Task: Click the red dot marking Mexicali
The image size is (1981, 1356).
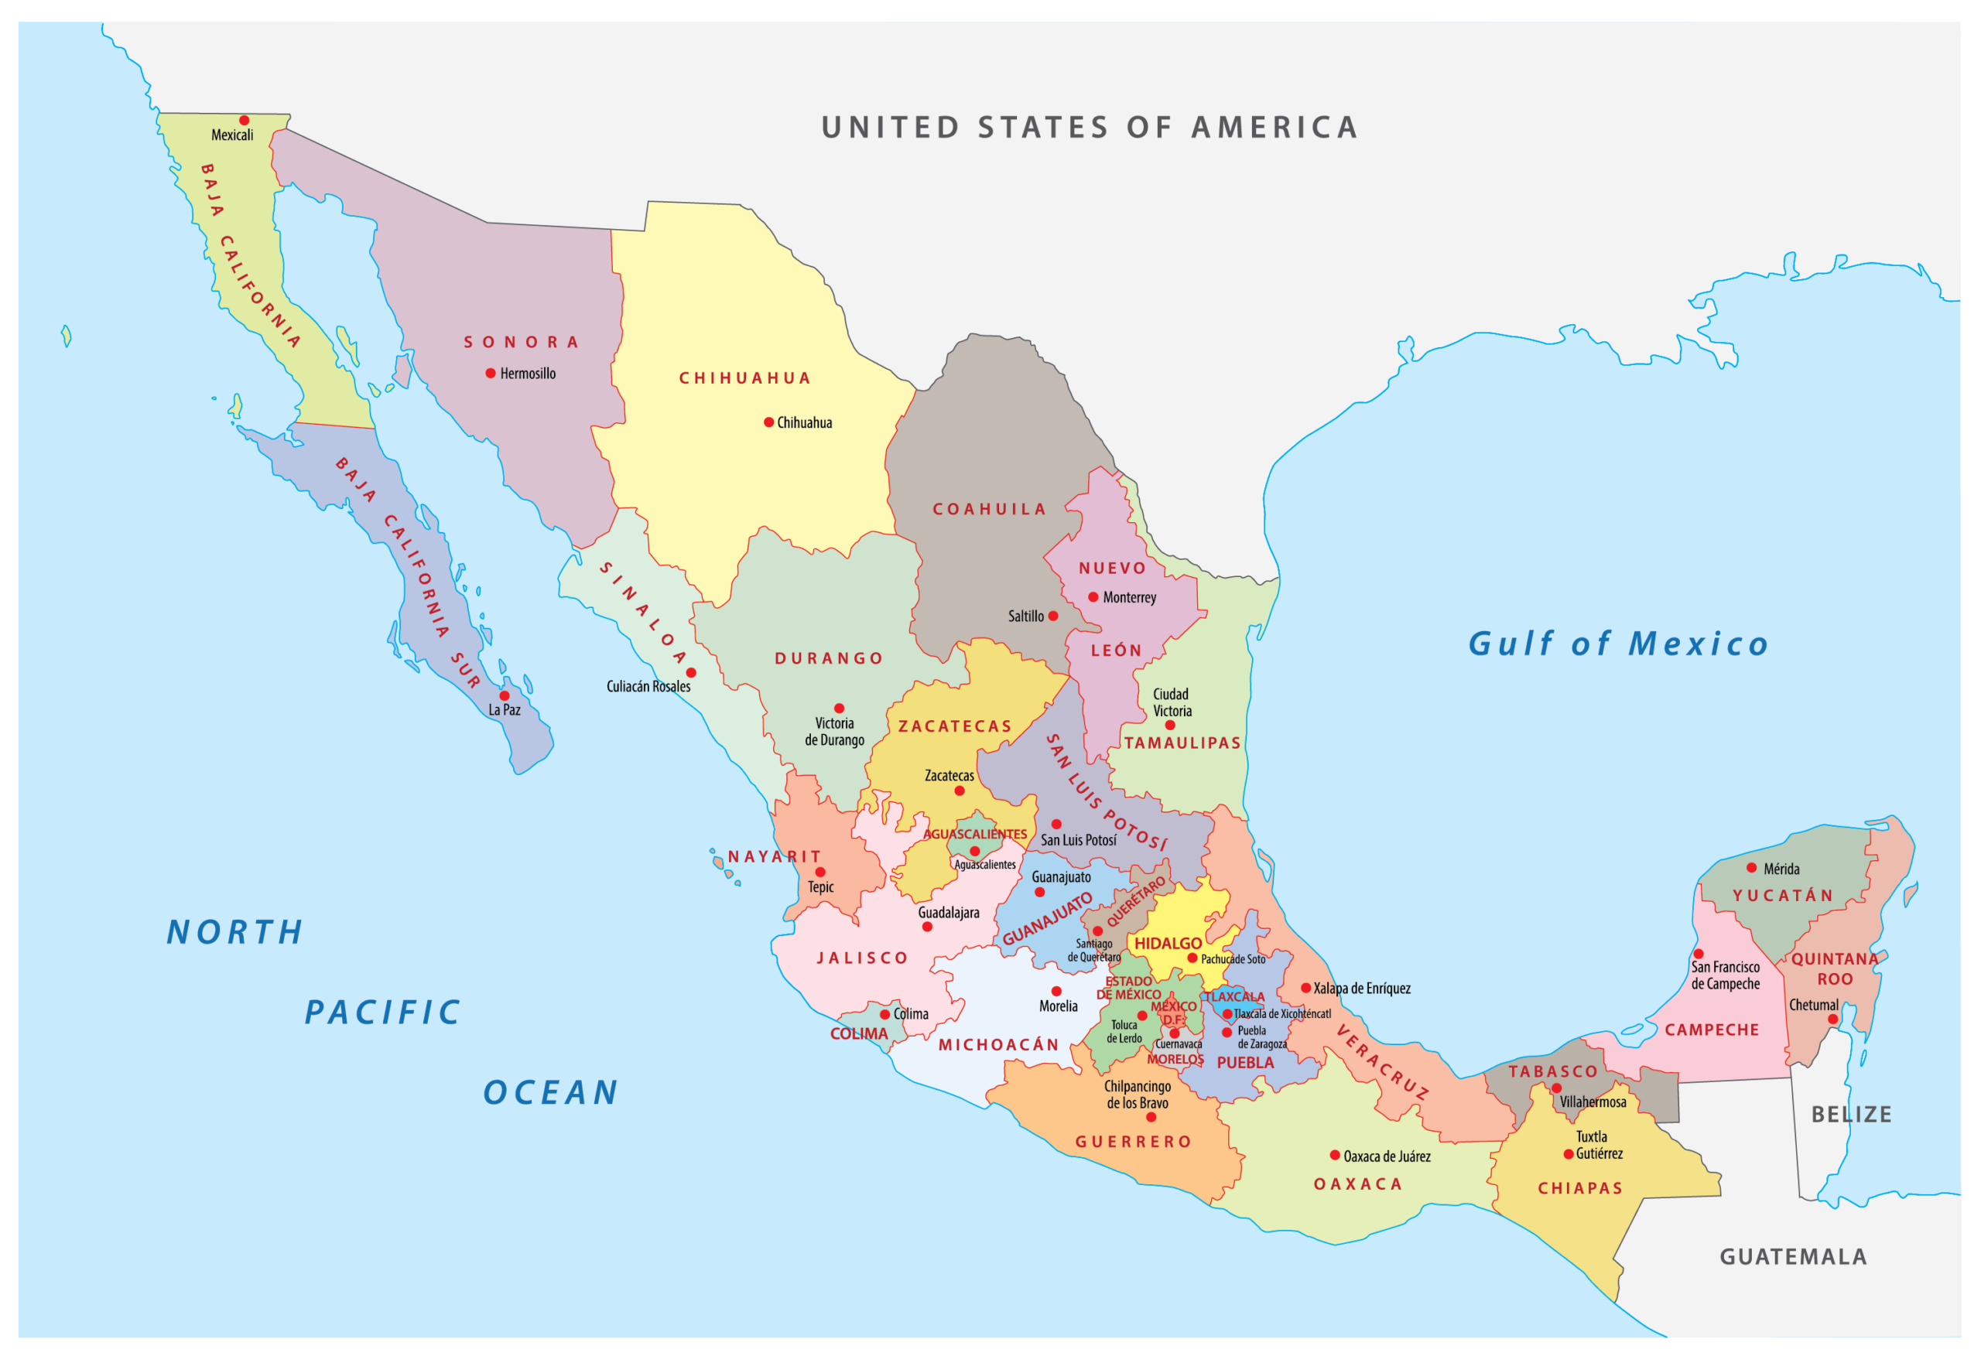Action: (x=244, y=120)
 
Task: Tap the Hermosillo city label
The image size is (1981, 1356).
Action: (x=527, y=374)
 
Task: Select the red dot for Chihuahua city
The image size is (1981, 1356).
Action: (x=768, y=422)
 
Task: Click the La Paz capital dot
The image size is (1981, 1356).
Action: (x=504, y=695)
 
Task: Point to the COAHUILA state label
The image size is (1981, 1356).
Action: (x=989, y=509)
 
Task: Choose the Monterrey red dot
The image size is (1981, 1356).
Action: (x=1093, y=596)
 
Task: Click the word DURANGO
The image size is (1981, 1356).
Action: (x=829, y=658)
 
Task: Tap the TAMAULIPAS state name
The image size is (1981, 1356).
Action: (x=1182, y=743)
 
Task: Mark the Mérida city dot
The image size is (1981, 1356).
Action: (x=1751, y=868)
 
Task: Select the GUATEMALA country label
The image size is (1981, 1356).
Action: (x=1793, y=1256)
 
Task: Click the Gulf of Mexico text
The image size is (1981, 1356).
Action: (x=1617, y=644)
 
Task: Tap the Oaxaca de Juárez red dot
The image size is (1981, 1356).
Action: (x=1335, y=1155)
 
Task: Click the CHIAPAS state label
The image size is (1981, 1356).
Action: (x=1579, y=1188)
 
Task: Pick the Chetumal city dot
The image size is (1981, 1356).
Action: (x=1832, y=1019)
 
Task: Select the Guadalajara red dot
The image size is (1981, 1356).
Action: (x=926, y=927)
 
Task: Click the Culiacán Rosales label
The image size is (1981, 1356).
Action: (x=648, y=686)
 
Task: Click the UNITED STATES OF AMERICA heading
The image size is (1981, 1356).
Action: (x=1089, y=128)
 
